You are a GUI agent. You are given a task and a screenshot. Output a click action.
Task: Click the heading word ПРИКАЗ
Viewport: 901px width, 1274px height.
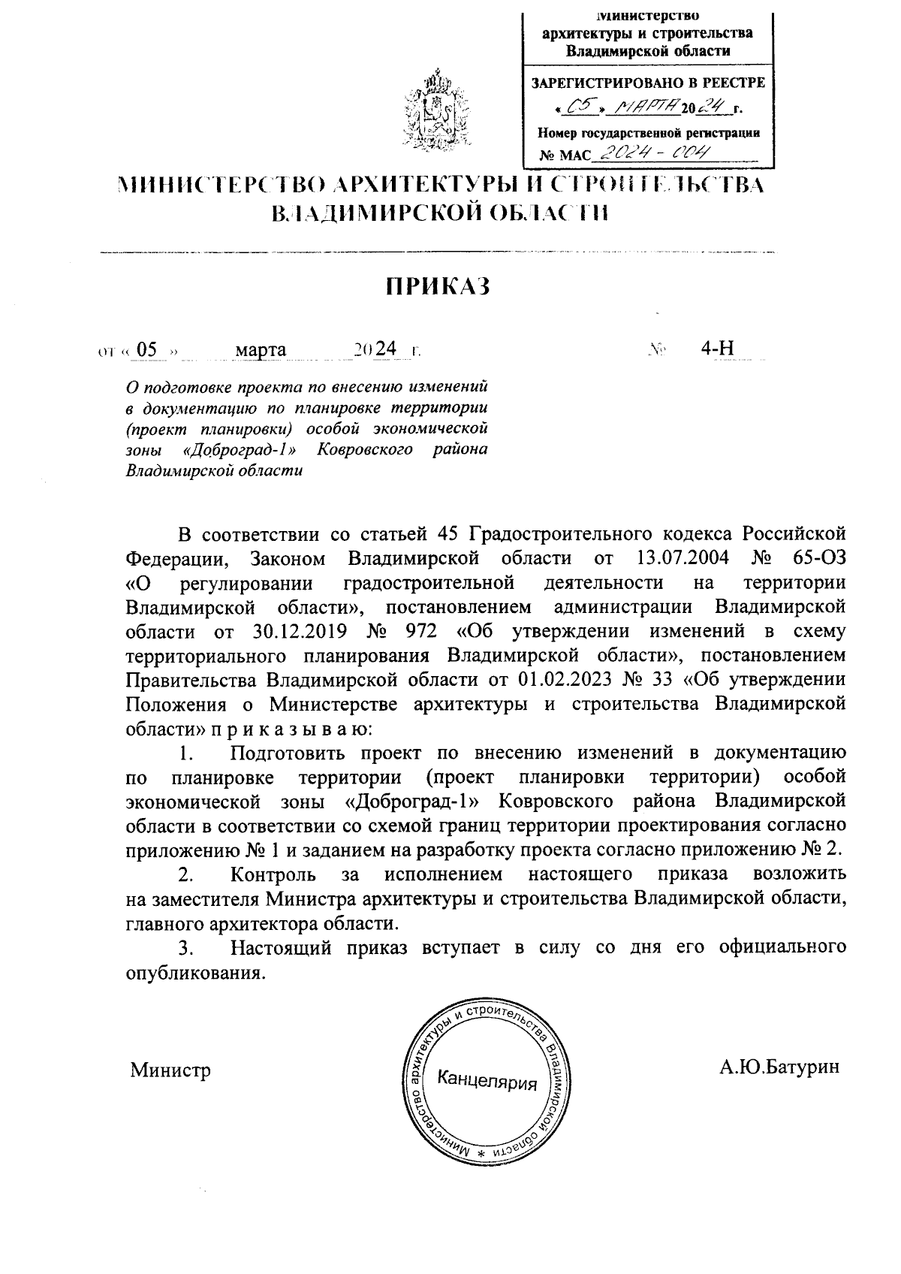coord(438,286)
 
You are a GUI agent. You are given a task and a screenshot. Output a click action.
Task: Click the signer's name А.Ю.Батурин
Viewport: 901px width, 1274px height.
coord(779,1067)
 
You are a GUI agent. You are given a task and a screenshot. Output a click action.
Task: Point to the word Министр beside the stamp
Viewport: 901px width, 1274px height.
coord(170,1070)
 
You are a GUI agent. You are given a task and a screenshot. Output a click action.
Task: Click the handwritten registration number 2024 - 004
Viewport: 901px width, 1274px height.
coord(650,153)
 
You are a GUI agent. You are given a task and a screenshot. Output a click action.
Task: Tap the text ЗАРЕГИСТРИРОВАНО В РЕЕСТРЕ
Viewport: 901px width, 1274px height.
coord(648,83)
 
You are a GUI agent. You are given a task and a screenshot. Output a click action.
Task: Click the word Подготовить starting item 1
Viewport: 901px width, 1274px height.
coord(288,753)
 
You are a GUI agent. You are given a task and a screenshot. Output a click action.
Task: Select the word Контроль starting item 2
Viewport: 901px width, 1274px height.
coord(273,874)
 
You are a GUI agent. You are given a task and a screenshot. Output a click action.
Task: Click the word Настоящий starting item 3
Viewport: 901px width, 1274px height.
coord(281,947)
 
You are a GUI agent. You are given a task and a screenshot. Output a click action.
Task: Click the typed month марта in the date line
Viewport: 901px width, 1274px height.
coord(261,349)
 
